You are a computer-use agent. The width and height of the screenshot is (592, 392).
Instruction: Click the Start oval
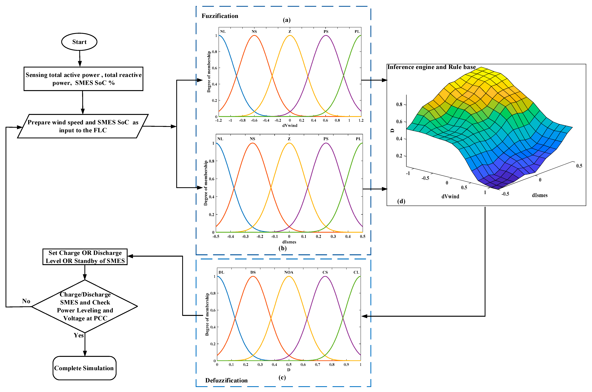pos(79,42)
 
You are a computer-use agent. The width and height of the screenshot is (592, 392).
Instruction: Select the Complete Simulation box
pos(84,368)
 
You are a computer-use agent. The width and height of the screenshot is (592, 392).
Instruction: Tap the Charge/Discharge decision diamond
pos(85,306)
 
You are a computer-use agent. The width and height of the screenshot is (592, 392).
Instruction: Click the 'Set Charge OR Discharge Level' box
pos(85,257)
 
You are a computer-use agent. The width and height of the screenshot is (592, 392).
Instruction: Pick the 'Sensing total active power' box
pos(83,79)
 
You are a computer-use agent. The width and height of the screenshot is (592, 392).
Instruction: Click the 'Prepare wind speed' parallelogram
pos(83,126)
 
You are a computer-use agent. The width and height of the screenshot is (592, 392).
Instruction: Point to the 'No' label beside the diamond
pos(26,301)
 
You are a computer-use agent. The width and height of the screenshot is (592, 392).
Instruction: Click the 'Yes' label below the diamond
pos(79,335)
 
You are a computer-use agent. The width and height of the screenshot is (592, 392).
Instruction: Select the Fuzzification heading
pos(220,16)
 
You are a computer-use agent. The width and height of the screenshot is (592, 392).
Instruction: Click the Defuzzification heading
pos(226,380)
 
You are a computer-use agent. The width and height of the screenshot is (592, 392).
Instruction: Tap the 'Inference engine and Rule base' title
pos(431,67)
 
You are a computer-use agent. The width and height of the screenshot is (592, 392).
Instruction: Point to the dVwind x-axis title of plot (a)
pos(290,126)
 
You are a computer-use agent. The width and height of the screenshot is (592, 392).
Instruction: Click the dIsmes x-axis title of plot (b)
pos(289,242)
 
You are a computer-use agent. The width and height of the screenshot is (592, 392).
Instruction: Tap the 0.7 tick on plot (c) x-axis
pos(318,365)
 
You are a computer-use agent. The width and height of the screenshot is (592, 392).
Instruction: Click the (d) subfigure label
pos(401,201)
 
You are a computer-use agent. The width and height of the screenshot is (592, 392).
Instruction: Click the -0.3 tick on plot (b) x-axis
pos(245,237)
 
